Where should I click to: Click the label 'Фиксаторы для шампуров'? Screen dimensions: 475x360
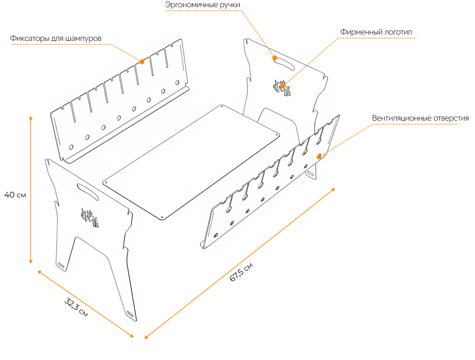tap(56, 39)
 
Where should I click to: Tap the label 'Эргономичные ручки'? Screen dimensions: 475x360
tap(203, 5)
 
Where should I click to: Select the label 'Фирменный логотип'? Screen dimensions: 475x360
tap(376, 32)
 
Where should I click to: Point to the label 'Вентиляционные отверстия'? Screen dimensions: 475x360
tap(420, 118)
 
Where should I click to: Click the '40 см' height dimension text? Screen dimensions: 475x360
tap(15, 195)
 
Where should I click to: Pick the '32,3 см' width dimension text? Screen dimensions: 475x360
tap(76, 307)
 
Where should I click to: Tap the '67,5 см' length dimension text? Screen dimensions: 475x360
tap(241, 272)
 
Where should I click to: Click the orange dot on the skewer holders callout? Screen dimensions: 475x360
tap(142, 62)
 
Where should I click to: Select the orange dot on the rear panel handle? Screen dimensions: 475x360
tap(275, 58)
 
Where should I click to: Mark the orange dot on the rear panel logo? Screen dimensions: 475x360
tap(283, 86)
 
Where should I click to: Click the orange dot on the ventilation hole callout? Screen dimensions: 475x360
tap(319, 157)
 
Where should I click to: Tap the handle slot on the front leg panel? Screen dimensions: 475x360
tap(88, 192)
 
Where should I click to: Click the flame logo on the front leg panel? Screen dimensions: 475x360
tap(90, 217)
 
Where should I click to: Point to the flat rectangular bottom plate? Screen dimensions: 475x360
tap(191, 162)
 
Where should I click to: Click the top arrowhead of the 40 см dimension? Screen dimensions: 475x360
tap(31, 118)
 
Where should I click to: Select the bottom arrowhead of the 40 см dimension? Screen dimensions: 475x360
tap(31, 261)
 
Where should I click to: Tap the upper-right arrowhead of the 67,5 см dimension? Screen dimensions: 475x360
tap(333, 190)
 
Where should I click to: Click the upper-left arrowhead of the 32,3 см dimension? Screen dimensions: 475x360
tap(39, 272)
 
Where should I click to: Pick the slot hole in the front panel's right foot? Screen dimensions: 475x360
tap(130, 314)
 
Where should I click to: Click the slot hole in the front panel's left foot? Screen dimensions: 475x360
tap(61, 265)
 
